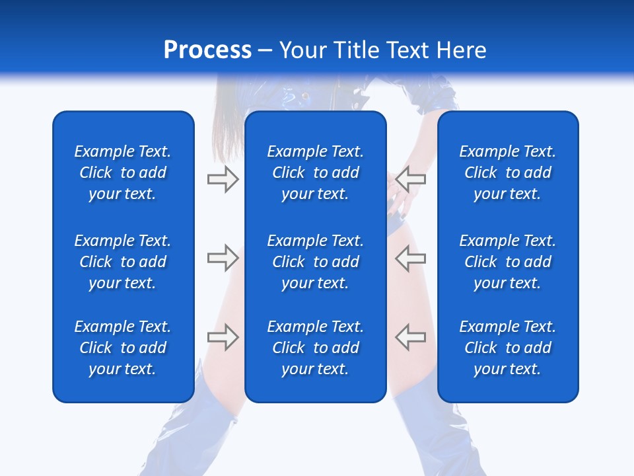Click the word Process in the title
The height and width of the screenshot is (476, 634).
pyautogui.click(x=207, y=50)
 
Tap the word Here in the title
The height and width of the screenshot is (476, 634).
pyautogui.click(x=461, y=50)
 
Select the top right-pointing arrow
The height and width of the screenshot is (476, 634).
pyautogui.click(x=223, y=178)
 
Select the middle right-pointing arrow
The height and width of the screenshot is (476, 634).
pyautogui.click(x=223, y=258)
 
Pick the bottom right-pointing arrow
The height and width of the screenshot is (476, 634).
pyautogui.click(x=223, y=337)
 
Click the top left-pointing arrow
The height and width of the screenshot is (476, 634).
pyautogui.click(x=411, y=178)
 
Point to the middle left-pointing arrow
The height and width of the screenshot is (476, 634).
pyautogui.click(x=411, y=258)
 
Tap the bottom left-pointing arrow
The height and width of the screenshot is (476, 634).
pyautogui.click(x=411, y=337)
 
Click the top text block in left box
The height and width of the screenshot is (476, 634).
pyautogui.click(x=123, y=173)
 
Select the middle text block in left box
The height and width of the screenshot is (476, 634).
pyautogui.click(x=123, y=262)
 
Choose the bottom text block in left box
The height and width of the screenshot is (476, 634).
pyautogui.click(x=123, y=348)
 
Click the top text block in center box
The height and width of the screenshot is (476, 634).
pyautogui.click(x=316, y=173)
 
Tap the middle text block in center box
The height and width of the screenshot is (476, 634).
pyautogui.click(x=316, y=262)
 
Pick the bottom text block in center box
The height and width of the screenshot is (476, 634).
pyautogui.click(x=316, y=348)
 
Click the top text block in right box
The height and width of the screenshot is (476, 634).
pyautogui.click(x=508, y=173)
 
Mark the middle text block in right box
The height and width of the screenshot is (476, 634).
pyautogui.click(x=508, y=262)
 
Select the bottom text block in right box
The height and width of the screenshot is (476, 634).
pyautogui.click(x=508, y=348)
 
